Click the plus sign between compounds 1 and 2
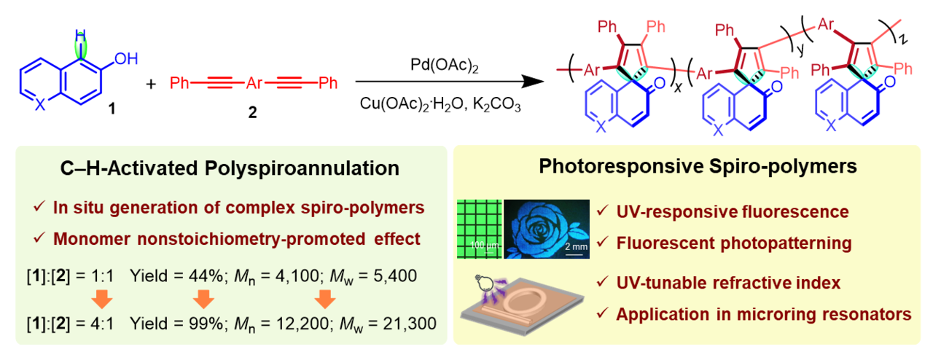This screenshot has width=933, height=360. [151, 83]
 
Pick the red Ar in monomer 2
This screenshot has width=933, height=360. [254, 83]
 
